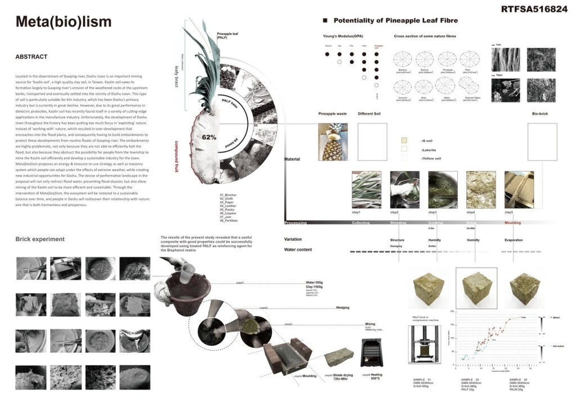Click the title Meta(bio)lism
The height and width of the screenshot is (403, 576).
click(63, 22)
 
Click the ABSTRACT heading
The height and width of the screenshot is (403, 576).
click(31, 57)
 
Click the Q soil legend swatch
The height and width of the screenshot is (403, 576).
click(404, 140)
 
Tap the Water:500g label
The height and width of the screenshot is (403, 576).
click(316, 283)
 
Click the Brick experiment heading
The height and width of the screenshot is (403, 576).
click(40, 239)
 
